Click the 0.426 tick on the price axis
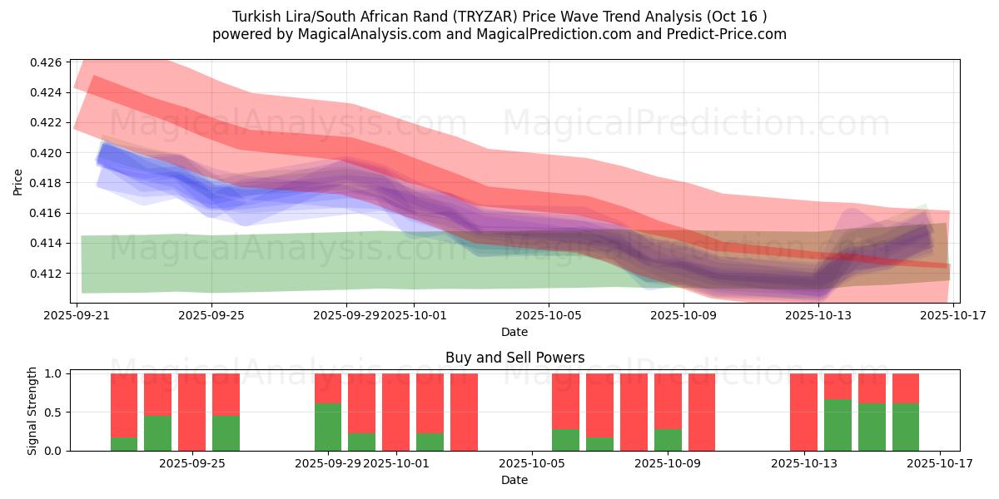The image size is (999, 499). (x=46, y=62)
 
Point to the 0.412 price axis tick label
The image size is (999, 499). (x=46, y=274)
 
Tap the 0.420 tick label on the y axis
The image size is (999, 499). (x=46, y=153)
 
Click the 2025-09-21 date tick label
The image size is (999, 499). (x=77, y=315)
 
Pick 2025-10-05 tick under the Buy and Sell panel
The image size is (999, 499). (x=532, y=463)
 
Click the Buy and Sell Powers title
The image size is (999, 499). (x=514, y=358)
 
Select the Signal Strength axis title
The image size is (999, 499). (x=32, y=410)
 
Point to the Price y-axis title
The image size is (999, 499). (x=18, y=181)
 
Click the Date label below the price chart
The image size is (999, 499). (x=514, y=332)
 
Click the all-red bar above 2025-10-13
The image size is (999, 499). (x=803, y=412)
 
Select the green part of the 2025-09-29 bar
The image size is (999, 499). (x=328, y=427)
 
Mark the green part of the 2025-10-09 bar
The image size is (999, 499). (x=668, y=440)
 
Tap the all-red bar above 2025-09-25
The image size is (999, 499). (x=191, y=412)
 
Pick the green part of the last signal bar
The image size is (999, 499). (x=906, y=427)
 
